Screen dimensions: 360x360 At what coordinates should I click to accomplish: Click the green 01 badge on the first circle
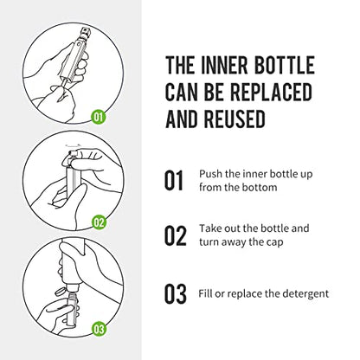(99, 117)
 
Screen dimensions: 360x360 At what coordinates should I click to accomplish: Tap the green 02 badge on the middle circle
(99, 222)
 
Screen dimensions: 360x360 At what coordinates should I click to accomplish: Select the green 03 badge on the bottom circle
(99, 329)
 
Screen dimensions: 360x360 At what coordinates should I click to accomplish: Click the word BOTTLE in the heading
(284, 65)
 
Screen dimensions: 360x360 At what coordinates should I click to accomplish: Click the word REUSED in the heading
(236, 119)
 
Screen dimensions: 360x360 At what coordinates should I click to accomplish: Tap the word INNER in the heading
(224, 65)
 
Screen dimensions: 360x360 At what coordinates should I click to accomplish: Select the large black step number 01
(174, 180)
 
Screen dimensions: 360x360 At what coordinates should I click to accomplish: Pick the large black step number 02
(176, 235)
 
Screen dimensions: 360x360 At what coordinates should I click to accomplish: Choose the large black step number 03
(176, 294)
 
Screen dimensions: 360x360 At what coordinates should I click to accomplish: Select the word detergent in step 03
(305, 294)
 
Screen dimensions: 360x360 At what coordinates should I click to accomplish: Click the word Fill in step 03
(205, 293)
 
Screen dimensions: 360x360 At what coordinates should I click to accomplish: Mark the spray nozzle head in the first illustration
(86, 32)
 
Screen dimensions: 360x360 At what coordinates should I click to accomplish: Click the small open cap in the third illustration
(61, 292)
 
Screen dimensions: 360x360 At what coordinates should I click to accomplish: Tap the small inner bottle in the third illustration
(73, 309)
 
